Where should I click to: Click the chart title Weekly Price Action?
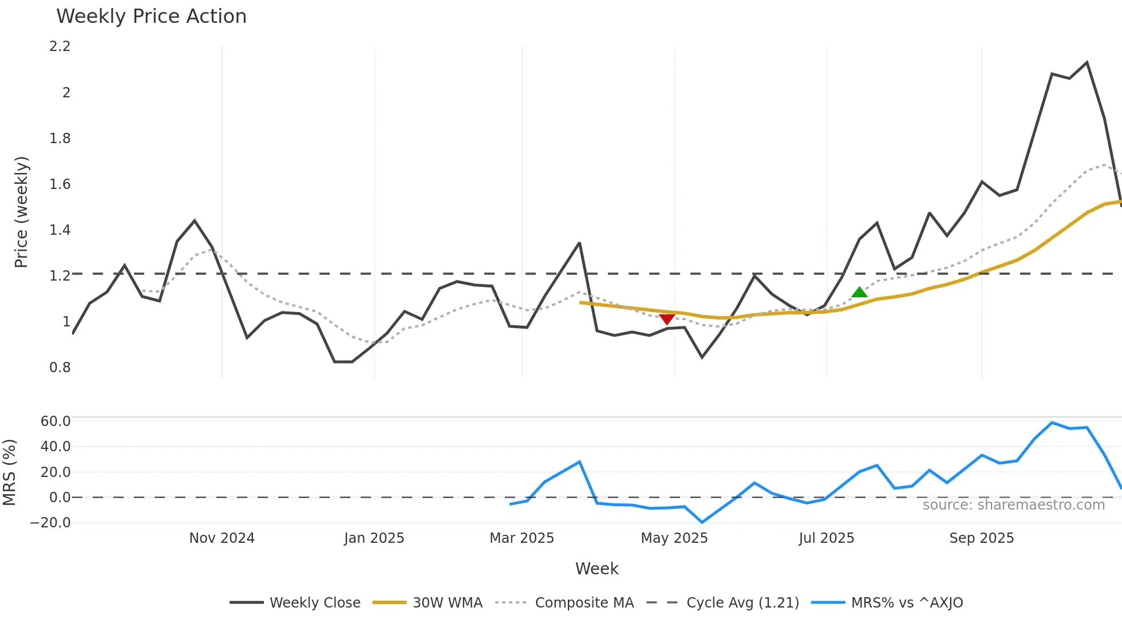(151, 17)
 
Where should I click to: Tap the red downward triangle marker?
(666, 319)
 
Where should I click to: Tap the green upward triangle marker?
(859, 293)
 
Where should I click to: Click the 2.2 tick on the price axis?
(60, 46)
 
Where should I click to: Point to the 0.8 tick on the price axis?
(60, 367)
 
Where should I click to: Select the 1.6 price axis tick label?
(60, 184)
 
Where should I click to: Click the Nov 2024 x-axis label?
(222, 538)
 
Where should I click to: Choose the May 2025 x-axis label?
(674, 538)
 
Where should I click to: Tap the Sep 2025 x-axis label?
(981, 538)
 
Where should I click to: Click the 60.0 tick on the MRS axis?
(56, 421)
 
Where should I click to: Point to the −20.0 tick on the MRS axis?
(50, 522)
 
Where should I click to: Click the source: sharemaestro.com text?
(1013, 505)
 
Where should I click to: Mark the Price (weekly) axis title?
(21, 212)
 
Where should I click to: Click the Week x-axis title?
(596, 569)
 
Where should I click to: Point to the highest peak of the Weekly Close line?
(1087, 62)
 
